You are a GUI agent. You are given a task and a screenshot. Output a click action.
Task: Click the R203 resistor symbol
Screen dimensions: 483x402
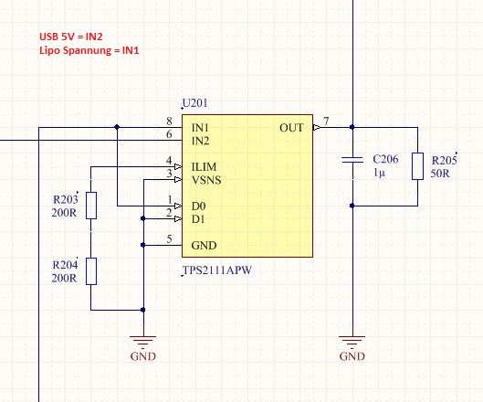(x=91, y=206)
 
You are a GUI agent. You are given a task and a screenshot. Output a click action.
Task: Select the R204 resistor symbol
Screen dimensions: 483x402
(x=91, y=271)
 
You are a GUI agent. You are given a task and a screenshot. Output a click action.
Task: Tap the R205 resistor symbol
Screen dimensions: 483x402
(x=417, y=166)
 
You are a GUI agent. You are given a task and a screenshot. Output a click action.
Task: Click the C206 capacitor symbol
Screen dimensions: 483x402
(x=352, y=160)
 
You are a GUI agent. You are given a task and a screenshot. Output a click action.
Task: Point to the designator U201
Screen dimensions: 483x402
(x=195, y=103)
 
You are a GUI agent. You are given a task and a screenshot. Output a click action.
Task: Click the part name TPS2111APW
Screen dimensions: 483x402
(x=217, y=270)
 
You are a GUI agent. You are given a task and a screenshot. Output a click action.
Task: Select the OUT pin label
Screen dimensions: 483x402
(x=291, y=128)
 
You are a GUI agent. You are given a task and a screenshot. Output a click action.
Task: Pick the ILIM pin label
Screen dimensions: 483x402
(x=204, y=167)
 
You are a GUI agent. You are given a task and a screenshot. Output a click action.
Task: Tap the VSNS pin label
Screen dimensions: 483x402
(x=206, y=180)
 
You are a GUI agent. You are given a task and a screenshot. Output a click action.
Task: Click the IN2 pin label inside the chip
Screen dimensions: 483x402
(x=200, y=141)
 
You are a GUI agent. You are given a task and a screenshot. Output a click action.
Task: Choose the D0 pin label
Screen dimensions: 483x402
(x=198, y=206)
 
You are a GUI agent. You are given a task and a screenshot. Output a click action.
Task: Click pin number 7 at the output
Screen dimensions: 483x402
(x=326, y=121)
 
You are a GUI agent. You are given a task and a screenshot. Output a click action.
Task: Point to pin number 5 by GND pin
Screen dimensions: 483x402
(x=169, y=238)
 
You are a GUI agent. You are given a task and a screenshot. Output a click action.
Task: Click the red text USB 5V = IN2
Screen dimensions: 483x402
(x=71, y=37)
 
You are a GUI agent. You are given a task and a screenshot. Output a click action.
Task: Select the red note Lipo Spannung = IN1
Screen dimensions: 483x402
(x=89, y=50)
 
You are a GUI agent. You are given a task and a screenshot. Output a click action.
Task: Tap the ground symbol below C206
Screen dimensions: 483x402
(x=352, y=341)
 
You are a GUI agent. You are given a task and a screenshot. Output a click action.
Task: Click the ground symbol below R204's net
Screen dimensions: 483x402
(x=143, y=341)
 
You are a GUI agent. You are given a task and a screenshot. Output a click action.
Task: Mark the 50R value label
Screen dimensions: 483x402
(x=440, y=174)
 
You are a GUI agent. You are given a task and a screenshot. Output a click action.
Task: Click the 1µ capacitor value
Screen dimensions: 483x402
(x=379, y=173)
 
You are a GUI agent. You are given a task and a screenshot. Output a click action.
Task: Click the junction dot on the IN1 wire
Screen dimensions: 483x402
(x=117, y=127)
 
